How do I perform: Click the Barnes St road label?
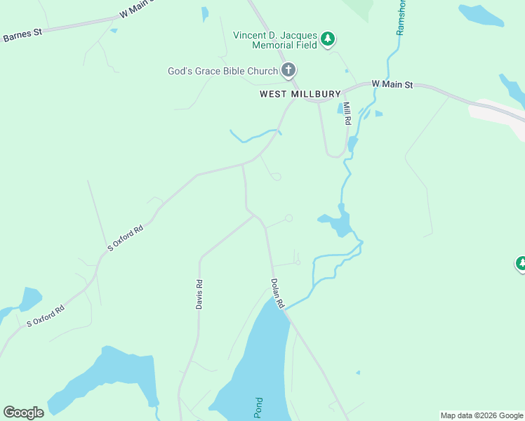(22, 35)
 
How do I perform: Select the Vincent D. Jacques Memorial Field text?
(275, 40)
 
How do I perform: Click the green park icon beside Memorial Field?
(328, 40)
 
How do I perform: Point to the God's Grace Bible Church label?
(222, 71)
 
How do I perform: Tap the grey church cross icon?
(288, 70)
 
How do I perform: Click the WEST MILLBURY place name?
(300, 93)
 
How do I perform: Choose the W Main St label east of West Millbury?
(392, 84)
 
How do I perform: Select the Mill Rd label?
(347, 112)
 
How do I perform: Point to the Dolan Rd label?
(277, 293)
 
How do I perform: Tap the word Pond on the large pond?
(258, 408)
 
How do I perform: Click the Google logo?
(23, 413)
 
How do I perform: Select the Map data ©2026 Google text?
(482, 415)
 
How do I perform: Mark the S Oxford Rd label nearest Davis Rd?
(126, 237)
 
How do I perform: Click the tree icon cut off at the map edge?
(521, 265)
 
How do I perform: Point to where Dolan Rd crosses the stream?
(284, 309)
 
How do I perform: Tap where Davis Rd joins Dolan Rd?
(255, 216)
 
